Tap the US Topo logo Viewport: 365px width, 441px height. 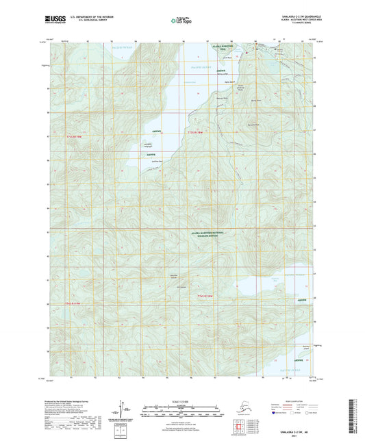tap(181, 21)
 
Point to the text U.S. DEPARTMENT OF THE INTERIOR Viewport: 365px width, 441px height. tap(96, 16)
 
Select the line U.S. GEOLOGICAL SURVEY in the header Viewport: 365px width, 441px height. tap(96, 20)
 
